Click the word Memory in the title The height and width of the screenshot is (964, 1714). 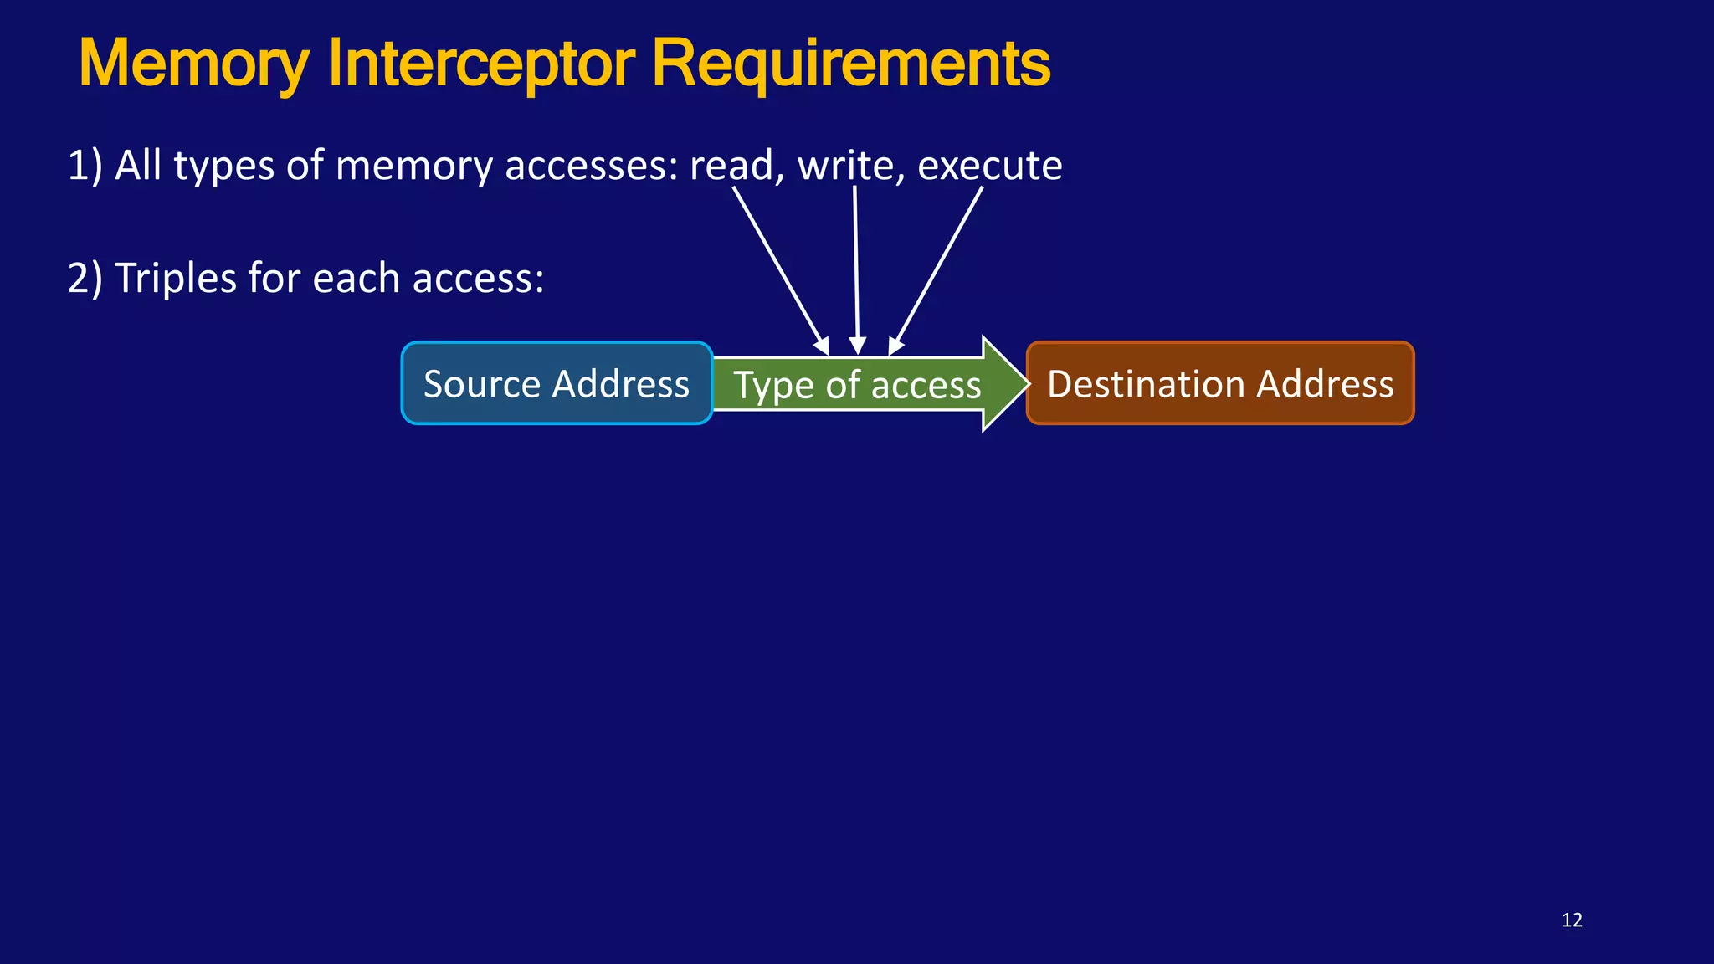point(193,64)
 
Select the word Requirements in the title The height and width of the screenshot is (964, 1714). point(850,64)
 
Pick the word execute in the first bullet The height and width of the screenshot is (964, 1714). point(989,165)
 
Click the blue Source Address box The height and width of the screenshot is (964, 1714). point(557,383)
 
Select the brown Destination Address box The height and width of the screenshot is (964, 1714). point(1220,383)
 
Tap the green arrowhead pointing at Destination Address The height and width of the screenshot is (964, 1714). point(1004,383)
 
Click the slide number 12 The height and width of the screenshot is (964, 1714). point(1572,920)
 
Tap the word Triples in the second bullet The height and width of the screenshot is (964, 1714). point(175,278)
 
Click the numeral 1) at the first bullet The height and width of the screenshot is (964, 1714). point(85,165)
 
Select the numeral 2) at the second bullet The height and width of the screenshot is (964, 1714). point(85,278)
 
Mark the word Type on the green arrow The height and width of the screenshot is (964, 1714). point(772,386)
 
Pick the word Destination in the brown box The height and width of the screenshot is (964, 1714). point(1145,384)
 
